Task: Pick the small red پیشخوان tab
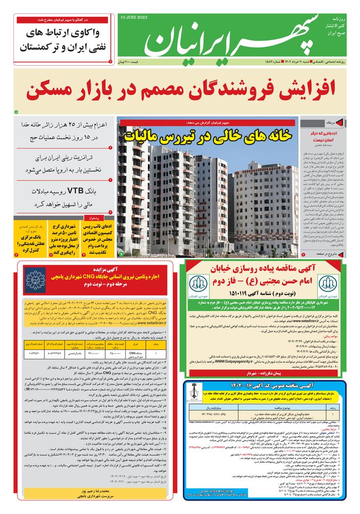[97, 217]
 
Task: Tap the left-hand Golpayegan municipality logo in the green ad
[196, 283]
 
